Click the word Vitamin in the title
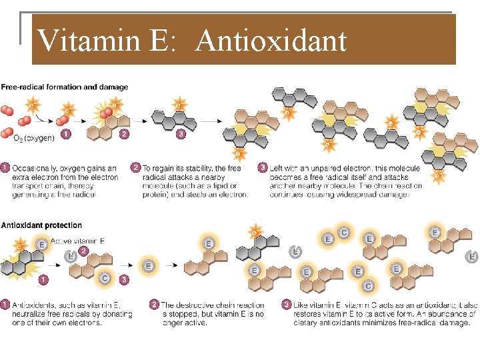tap(89, 41)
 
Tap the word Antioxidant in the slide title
tap(271, 41)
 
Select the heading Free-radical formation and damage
tap(65, 87)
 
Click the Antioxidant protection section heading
tap(41, 225)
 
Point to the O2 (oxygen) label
tap(35, 139)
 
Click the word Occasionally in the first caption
tap(35, 169)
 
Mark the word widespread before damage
tap(363, 195)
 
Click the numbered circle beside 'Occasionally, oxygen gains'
tap(5, 169)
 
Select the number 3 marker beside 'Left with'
tap(263, 169)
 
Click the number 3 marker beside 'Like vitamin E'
tap(287, 305)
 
